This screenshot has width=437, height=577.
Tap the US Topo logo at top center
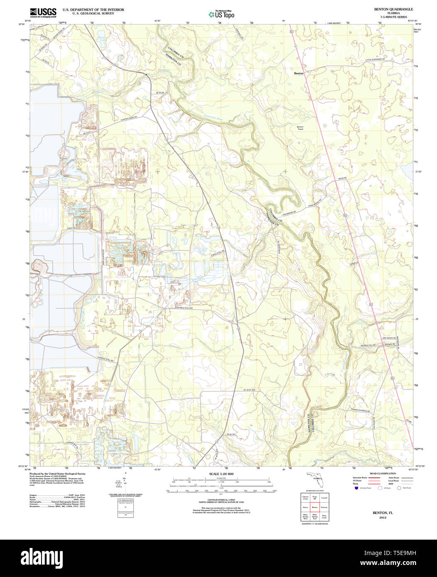point(221,14)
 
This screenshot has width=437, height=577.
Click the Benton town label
point(299,73)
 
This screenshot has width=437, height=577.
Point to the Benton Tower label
point(300,128)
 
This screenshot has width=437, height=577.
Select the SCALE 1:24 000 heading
point(221,474)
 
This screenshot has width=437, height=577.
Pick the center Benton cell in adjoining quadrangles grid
point(314,507)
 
